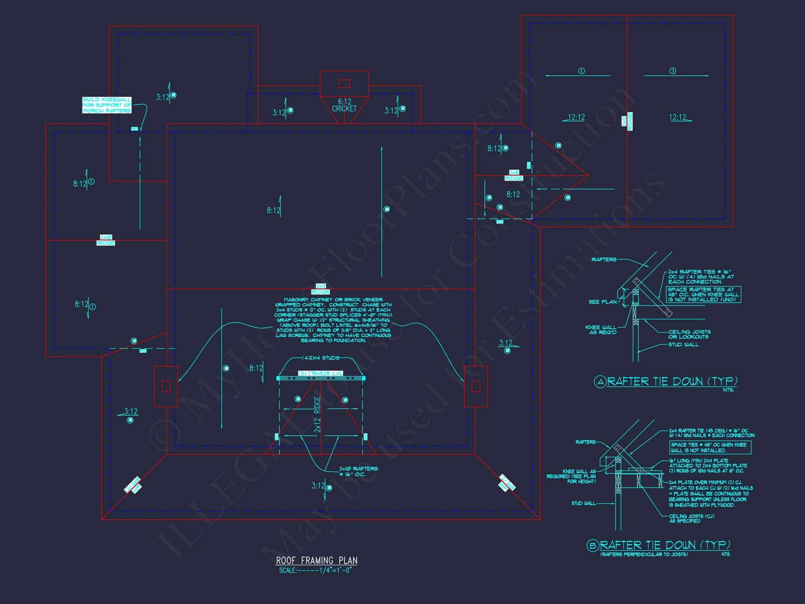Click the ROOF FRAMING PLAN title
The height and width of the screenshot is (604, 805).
coord(316,560)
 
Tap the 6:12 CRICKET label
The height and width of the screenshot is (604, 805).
coord(344,105)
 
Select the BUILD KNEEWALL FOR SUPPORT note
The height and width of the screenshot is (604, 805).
coord(107,105)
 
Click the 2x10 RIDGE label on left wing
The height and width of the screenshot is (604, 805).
coord(106,240)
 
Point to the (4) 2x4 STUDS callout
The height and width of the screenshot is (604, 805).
coord(321,358)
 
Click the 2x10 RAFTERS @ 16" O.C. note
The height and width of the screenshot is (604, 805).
coord(358,471)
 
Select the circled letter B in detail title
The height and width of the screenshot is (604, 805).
coord(592,545)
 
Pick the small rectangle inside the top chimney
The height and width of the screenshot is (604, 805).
coord(344,84)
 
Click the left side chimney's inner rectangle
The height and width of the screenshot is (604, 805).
coord(166,386)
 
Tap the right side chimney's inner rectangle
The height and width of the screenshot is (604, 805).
coord(475,386)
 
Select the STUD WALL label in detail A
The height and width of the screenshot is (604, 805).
coord(683,344)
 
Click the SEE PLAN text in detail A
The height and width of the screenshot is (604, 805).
coord(602,302)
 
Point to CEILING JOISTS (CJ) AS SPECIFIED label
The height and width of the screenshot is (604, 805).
coord(691,518)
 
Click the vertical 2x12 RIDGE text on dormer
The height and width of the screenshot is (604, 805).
coord(317,414)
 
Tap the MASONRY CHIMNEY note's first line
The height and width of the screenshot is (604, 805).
coord(333,300)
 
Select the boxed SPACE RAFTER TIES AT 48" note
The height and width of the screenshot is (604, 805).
coord(703,295)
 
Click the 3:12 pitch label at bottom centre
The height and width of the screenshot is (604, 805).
coord(318,486)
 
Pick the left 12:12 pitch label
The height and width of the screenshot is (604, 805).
coord(576,117)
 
